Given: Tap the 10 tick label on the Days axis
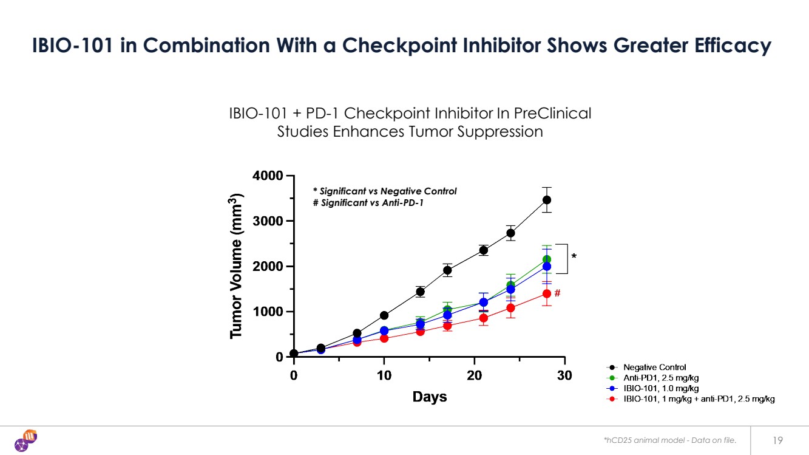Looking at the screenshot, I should click(384, 375).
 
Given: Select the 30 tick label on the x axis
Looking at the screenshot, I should click(564, 375).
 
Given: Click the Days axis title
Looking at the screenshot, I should click(430, 397).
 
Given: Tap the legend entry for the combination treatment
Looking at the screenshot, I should click(698, 399).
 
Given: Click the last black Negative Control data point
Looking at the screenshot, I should click(547, 200).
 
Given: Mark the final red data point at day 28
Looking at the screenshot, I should click(547, 293).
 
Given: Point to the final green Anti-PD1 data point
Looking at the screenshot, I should click(547, 259).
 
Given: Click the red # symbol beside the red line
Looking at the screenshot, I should click(557, 293).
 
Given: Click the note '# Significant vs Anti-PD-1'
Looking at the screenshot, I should click(368, 203).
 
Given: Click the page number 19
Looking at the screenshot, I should click(777, 440).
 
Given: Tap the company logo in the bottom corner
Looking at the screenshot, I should click(25, 440).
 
